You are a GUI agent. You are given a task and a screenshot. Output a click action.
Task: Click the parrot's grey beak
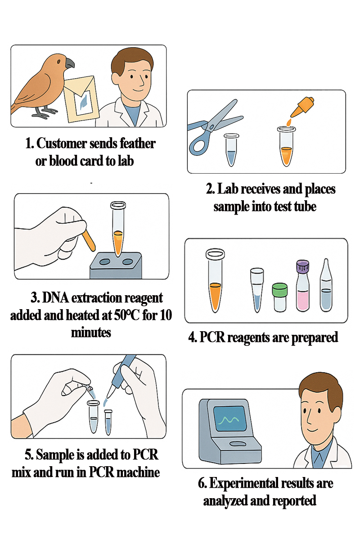pos(70,63)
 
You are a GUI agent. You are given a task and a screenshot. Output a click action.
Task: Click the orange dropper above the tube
pos(301,107)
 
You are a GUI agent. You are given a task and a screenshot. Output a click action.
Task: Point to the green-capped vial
pos(280,297)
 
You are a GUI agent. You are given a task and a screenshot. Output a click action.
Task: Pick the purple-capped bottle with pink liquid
pos(303,286)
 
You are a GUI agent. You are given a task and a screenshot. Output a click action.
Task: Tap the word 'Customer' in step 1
pos(62,144)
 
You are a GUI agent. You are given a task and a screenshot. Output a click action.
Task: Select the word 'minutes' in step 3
pos(91,333)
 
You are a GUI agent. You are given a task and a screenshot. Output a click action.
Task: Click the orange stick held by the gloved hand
pos(89,240)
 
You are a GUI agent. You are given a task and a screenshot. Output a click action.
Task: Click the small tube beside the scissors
pos(231,150)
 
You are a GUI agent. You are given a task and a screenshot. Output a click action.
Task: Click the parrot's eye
pos(58,62)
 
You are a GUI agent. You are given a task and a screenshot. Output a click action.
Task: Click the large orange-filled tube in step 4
pos(215,280)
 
